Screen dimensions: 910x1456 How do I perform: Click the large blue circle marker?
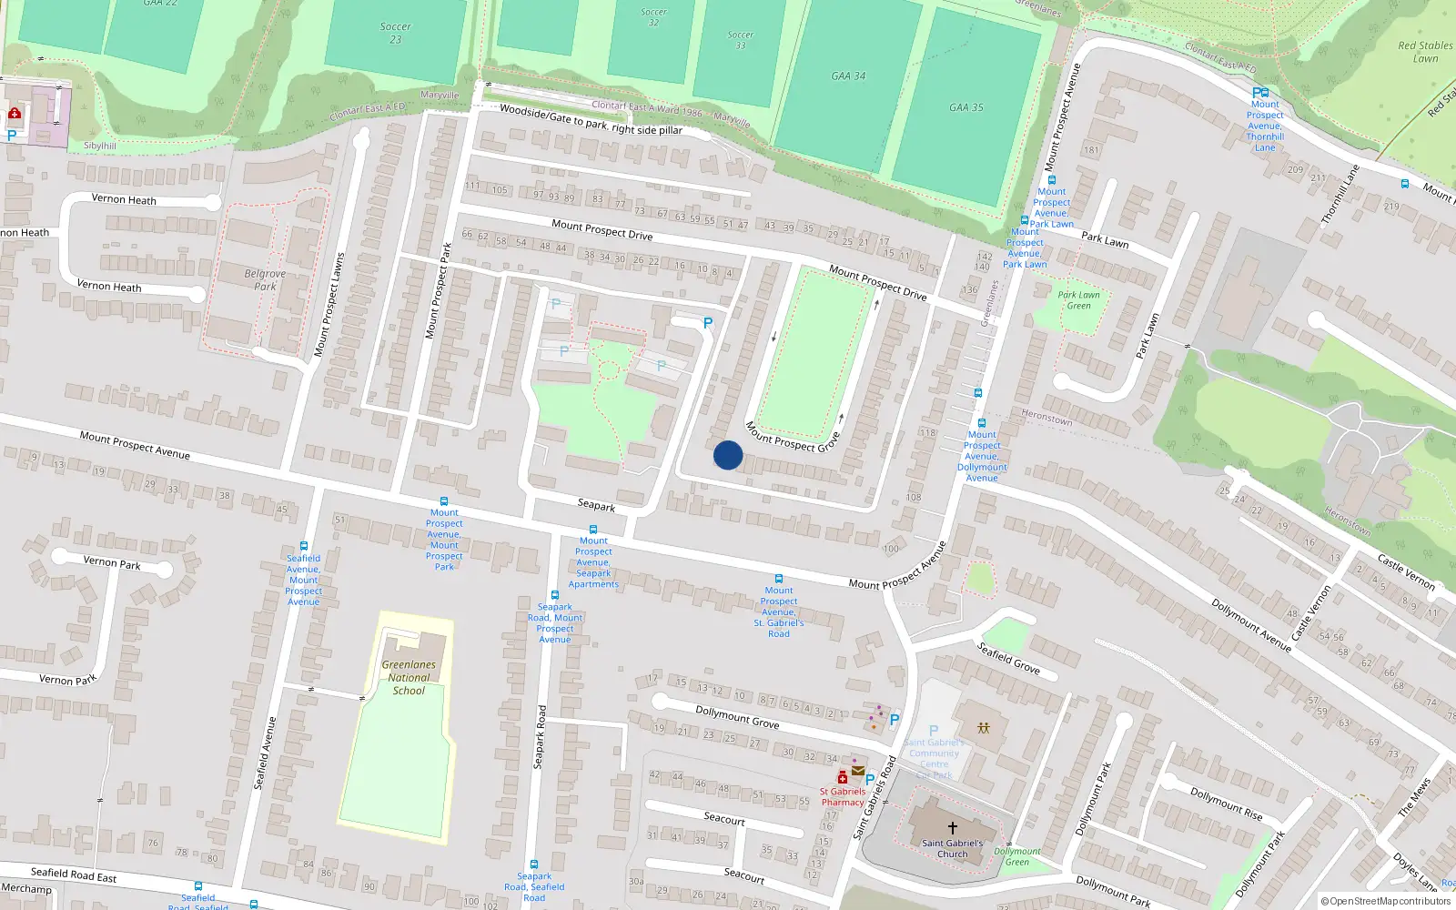click(728, 455)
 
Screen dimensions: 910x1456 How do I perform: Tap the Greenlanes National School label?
click(409, 677)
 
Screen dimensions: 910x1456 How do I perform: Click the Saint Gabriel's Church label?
click(952, 848)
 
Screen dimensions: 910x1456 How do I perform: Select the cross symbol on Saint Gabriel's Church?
click(952, 827)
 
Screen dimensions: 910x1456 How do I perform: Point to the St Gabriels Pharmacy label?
click(843, 796)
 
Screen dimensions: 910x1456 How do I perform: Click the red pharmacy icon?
click(843, 777)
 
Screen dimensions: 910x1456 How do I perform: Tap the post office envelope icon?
click(857, 771)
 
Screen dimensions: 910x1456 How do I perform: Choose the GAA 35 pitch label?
click(966, 107)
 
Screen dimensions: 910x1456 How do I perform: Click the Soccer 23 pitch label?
click(396, 33)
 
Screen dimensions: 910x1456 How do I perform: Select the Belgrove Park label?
click(265, 279)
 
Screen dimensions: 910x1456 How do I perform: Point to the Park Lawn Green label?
click(1078, 300)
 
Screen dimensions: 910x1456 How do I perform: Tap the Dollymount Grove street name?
click(737, 717)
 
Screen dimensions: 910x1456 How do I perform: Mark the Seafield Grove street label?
click(1008, 658)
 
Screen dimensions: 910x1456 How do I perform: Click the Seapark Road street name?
click(540, 737)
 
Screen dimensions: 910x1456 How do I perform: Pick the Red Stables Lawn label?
click(1425, 52)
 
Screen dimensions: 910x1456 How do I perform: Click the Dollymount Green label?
click(1017, 856)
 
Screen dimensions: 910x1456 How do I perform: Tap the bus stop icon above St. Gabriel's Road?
click(779, 579)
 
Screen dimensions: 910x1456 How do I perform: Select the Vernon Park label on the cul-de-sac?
click(112, 562)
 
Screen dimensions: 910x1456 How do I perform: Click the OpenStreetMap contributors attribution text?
click(1386, 901)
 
